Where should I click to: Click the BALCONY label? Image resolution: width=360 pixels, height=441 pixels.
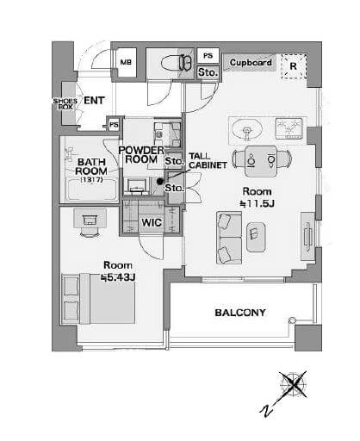pos(240,313)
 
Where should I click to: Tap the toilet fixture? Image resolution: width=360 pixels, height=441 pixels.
pos(177,63)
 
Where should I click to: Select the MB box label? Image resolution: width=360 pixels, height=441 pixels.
pos(126,62)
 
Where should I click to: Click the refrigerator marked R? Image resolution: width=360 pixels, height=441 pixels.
pos(293,66)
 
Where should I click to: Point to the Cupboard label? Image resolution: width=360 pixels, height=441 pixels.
pos(251,62)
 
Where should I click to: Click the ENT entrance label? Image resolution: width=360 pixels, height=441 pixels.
pos(94,101)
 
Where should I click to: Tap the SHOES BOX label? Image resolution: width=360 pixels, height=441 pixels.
pos(65,104)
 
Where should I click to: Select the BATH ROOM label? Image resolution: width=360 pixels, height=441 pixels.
pos(91,166)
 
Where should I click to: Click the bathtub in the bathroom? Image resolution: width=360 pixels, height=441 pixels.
pos(91,189)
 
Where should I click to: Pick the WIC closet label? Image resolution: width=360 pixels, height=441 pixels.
pos(152,222)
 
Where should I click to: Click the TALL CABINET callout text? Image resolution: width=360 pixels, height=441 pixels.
pos(208,161)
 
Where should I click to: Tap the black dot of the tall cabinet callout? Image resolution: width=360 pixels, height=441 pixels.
pos(159,181)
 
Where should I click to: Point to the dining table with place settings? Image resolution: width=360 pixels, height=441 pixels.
pos(261,161)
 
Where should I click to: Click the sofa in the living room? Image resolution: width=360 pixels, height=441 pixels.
pos(229,238)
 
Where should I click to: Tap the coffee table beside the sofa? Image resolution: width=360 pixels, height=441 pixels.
pos(256,238)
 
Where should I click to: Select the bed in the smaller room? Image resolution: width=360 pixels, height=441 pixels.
pos(98,299)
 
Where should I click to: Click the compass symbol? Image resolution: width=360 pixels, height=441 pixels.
pos(293,384)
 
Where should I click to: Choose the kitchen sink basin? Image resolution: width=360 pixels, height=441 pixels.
pos(247,131)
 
